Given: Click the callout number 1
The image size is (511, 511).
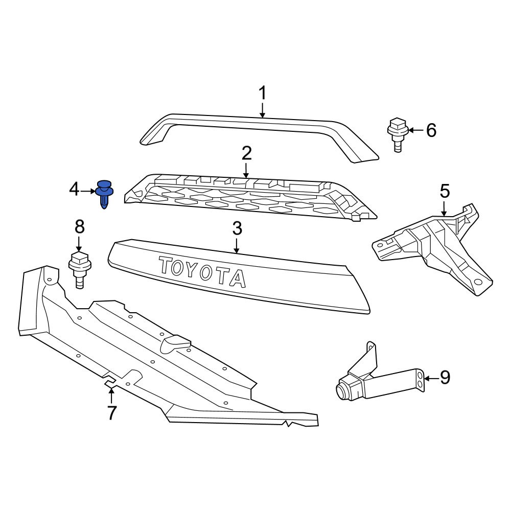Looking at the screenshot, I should (262, 94).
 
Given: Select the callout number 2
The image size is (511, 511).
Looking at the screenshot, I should (246, 153).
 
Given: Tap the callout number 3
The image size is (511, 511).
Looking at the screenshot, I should (237, 229).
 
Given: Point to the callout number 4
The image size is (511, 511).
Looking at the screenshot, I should (75, 191).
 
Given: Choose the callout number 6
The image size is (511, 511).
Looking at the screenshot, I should (431, 131).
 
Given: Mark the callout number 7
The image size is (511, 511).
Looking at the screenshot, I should (111, 412).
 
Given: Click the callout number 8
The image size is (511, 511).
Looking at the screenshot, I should (80, 227).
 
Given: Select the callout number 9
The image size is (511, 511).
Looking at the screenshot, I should (445, 378).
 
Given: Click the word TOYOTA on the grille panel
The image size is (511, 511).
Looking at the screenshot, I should (202, 271).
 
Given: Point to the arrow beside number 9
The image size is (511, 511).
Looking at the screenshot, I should (431, 378).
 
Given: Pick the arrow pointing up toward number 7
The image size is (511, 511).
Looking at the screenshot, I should (111, 394).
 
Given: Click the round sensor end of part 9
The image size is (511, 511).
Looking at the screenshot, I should (342, 391).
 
